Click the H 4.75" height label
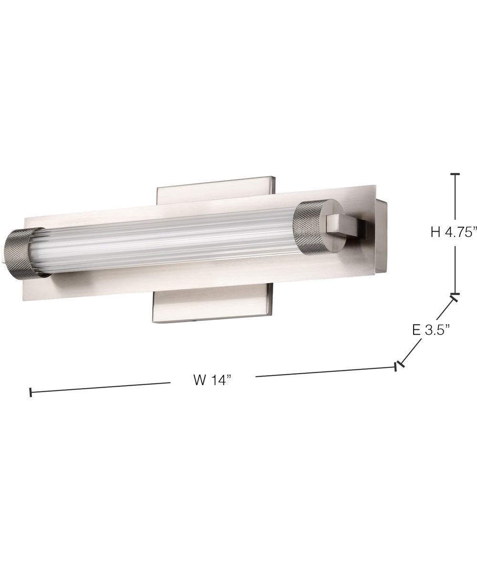pyautogui.click(x=454, y=232)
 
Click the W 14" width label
pyautogui.click(x=212, y=380)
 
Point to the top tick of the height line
pyautogui.click(x=455, y=175)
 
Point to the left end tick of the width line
pyautogui.click(x=31, y=393)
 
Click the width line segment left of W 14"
pyautogui.click(x=100, y=388)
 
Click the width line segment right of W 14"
pyautogui.click(x=324, y=372)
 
